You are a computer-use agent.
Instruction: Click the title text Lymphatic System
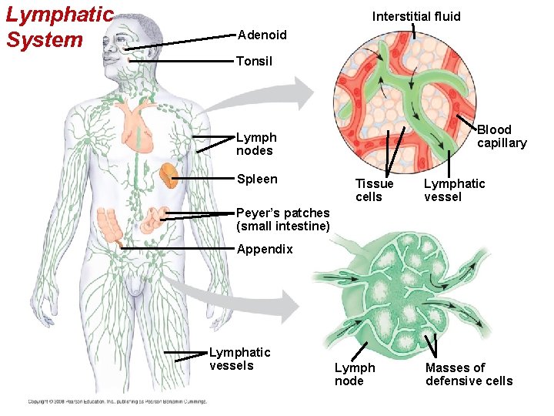click(x=59, y=27)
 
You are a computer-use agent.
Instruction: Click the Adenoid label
click(x=262, y=35)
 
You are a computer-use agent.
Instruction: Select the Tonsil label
click(x=254, y=61)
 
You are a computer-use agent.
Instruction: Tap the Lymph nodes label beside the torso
click(x=256, y=144)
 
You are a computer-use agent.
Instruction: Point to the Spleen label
click(x=257, y=179)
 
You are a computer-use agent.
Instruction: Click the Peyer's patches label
click(x=283, y=220)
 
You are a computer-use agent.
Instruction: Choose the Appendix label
click(x=265, y=249)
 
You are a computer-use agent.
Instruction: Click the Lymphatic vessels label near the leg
click(x=240, y=359)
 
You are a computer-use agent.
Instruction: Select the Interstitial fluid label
click(x=416, y=16)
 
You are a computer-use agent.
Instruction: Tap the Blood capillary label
click(x=502, y=136)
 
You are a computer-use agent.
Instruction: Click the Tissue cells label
click(x=374, y=190)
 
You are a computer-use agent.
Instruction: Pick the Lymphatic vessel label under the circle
click(x=455, y=190)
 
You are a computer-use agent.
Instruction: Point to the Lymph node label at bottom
click(x=355, y=374)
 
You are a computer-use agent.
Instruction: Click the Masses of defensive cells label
click(x=469, y=374)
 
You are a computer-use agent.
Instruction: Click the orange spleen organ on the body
click(x=169, y=177)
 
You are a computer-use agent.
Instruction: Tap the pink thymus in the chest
click(x=138, y=119)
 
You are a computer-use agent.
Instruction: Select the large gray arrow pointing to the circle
click(x=277, y=96)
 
